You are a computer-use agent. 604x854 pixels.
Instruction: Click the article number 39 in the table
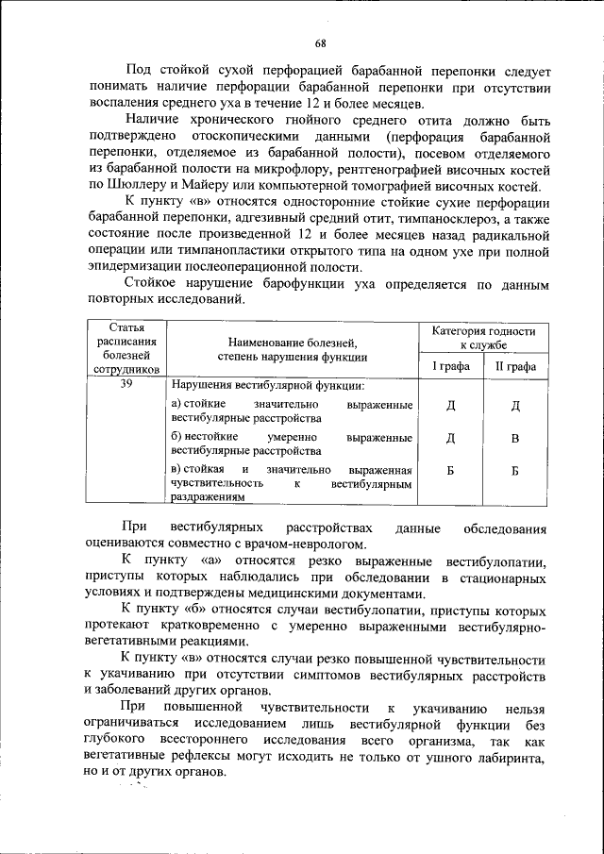(x=125, y=385)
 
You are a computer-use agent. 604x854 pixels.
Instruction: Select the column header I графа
(x=449, y=366)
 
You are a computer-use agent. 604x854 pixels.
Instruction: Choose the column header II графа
(x=515, y=366)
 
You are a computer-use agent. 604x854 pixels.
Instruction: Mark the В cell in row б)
(x=515, y=439)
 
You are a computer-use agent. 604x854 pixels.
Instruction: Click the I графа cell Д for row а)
(x=450, y=406)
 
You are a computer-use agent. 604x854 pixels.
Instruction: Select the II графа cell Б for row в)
(x=515, y=471)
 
